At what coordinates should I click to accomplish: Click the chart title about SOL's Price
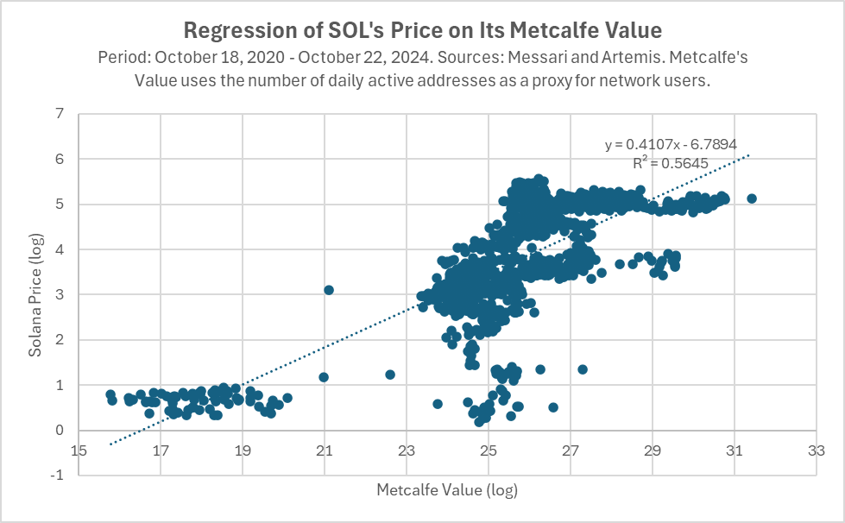(422, 30)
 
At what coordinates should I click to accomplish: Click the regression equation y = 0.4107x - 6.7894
(671, 145)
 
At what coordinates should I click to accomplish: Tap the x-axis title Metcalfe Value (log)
(446, 490)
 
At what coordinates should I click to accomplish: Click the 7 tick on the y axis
(60, 114)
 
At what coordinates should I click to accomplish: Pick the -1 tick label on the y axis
(57, 476)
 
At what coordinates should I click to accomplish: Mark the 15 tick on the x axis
(79, 451)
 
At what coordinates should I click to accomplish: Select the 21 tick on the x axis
(325, 451)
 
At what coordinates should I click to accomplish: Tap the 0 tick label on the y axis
(60, 430)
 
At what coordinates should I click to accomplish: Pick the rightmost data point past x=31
(751, 198)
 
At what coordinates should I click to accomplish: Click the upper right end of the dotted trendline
(750, 155)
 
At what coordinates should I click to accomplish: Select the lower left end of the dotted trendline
(110, 444)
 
